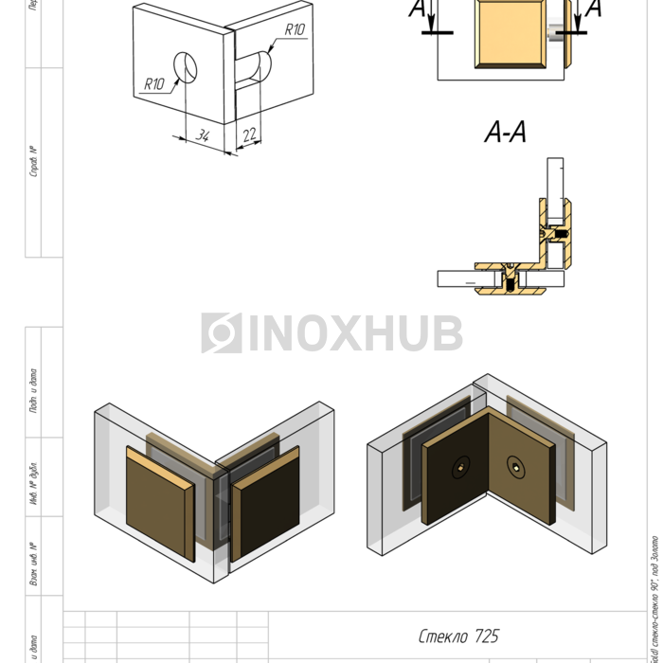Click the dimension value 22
[248, 135]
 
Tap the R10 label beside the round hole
[154, 84]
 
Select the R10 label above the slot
[294, 30]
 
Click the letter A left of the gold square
[418, 9]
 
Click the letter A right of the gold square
[594, 9]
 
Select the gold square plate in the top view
[511, 32]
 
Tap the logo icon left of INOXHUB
[221, 332]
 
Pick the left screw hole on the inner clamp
[460, 465]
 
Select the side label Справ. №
[33, 162]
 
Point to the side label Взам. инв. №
[33, 563]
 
